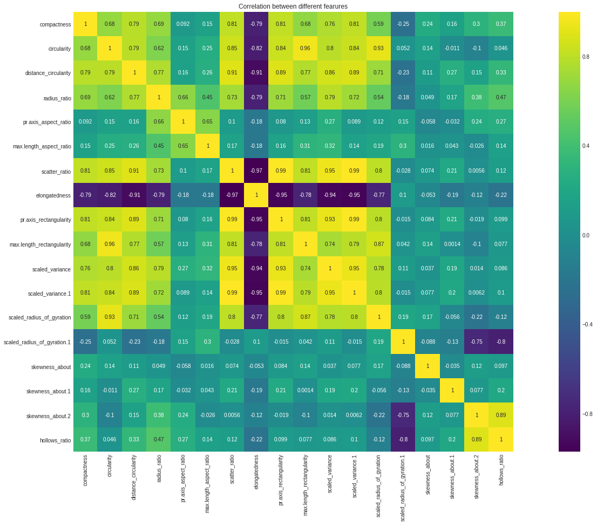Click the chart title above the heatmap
(x=293, y=6)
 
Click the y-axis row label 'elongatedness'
(x=54, y=195)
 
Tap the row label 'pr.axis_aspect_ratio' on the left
(x=47, y=122)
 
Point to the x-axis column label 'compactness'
(x=85, y=471)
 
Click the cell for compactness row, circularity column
(x=110, y=24)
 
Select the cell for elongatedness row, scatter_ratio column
(x=232, y=195)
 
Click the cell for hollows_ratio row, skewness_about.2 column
(x=476, y=439)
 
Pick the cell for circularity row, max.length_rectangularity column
(x=305, y=49)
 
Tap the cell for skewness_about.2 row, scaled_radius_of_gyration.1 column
(x=403, y=415)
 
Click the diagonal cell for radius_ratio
(x=158, y=97)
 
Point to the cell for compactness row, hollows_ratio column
(x=501, y=24)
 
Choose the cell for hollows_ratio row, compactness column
(x=85, y=439)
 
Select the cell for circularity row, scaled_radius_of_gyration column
(x=378, y=49)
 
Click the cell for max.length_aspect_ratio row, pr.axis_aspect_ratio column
(x=183, y=146)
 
